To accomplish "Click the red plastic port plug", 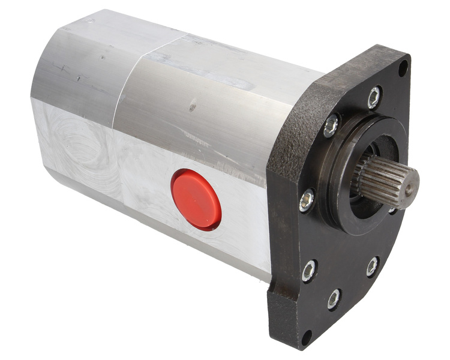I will click(x=196, y=199).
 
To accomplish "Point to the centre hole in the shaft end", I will click(x=409, y=188).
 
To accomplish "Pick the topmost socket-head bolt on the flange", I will click(x=374, y=97).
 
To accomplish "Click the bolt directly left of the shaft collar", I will click(x=307, y=199).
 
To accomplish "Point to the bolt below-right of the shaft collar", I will click(x=373, y=266).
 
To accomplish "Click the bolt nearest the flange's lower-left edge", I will click(x=309, y=271).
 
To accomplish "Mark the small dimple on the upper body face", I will click(x=192, y=108).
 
